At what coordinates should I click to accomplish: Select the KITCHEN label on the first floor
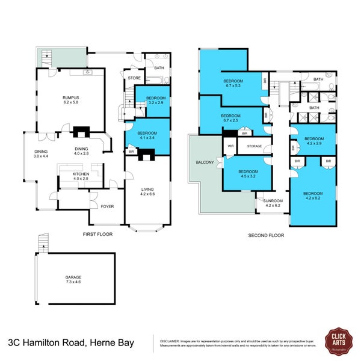[x=81, y=175]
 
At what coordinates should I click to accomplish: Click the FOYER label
[x=107, y=206]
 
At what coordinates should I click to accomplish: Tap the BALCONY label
[x=204, y=162]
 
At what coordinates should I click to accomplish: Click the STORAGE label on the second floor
[x=254, y=146]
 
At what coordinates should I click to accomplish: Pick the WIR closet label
[x=230, y=146]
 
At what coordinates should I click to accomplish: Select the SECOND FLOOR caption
[x=266, y=235]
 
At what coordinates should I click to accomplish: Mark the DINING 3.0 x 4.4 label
[x=40, y=154]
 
